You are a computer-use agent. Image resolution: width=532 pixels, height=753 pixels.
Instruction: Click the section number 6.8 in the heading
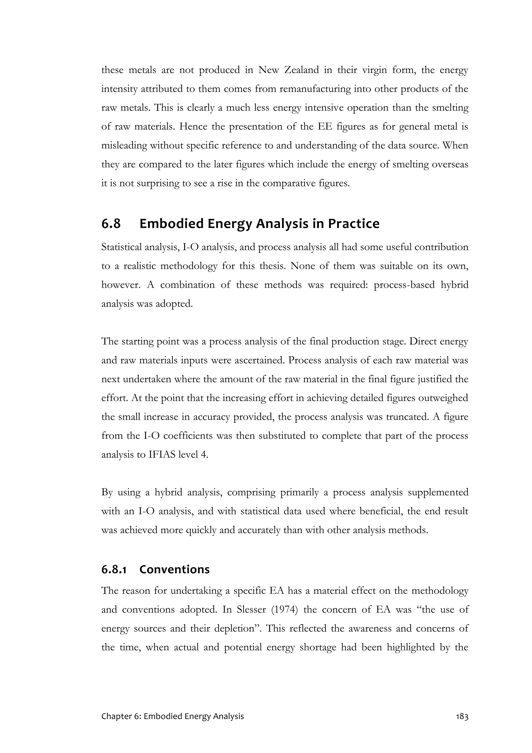click(111, 224)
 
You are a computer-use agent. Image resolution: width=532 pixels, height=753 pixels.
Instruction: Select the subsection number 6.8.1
click(114, 569)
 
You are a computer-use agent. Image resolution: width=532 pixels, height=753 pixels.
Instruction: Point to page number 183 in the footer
click(462, 725)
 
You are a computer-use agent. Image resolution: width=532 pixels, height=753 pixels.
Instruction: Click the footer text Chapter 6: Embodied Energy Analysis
click(172, 725)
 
